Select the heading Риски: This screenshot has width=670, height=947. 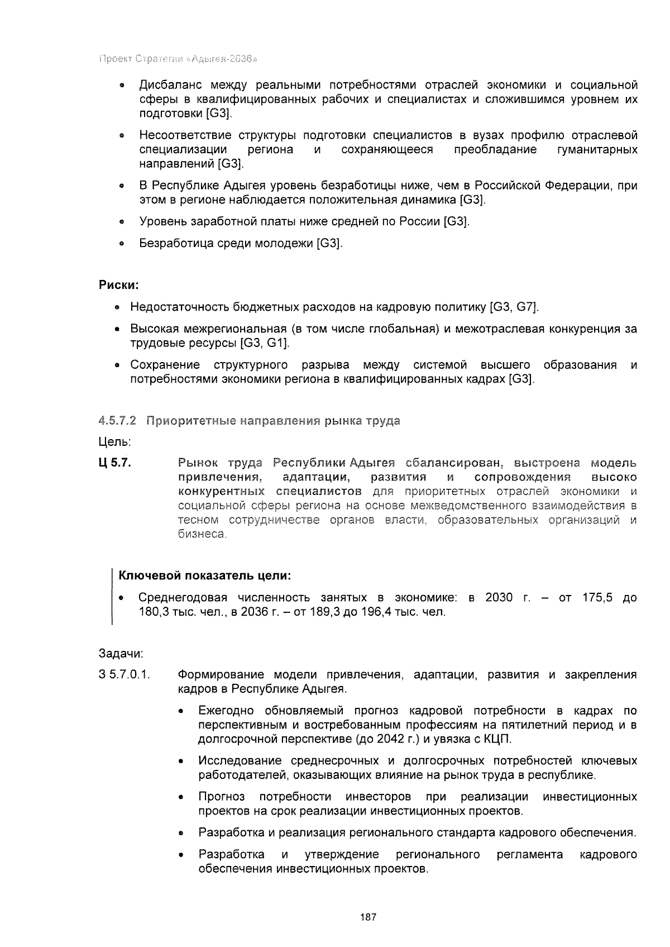tap(118, 285)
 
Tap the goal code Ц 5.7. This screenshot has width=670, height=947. tap(114, 463)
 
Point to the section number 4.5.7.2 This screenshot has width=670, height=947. tap(117, 421)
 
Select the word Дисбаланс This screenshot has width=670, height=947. tap(167, 85)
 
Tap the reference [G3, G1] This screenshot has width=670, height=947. tap(264, 342)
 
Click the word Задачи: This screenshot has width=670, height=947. tap(121, 653)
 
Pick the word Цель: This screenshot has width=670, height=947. tap(114, 442)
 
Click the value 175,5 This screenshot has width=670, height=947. tap(597, 597)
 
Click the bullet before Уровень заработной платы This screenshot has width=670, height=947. tap(121, 222)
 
